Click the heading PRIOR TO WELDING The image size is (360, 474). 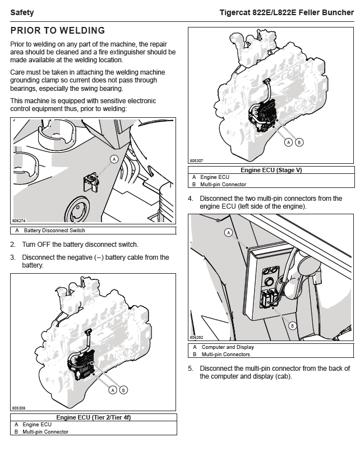pos(57,31)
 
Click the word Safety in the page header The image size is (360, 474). pos(22,12)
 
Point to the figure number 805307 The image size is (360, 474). pos(196,160)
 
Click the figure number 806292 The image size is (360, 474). pos(196,338)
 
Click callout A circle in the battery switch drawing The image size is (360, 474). pos(114,159)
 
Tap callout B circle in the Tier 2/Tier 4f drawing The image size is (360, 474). pos(123,390)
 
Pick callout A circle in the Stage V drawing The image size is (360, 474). pos(289,142)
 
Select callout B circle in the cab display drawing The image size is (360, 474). pos(292,325)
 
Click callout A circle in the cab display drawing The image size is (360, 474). pos(228,232)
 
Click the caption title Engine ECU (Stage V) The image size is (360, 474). pos(271,170)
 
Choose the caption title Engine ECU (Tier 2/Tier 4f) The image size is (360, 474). pos(93,417)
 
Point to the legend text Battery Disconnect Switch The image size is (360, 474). pos(54,231)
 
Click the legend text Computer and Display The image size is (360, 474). pos(228,347)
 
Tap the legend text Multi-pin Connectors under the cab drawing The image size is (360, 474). pos(225,355)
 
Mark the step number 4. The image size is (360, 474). pos(191,199)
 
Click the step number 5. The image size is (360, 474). pos(191,369)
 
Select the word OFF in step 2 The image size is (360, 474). pos(44,245)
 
